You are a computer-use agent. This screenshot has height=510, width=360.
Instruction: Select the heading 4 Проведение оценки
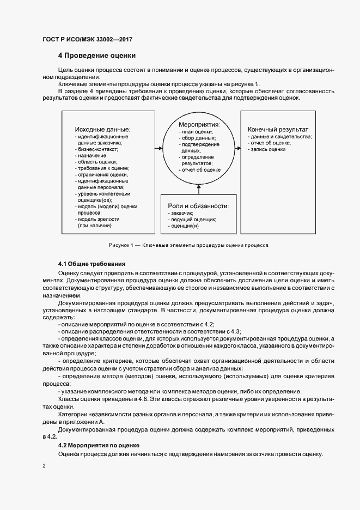[97, 56]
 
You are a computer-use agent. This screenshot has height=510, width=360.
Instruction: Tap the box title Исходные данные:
[102, 129]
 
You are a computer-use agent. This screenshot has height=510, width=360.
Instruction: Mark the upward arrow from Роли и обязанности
[199, 190]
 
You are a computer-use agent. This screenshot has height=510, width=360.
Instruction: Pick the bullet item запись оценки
[268, 149]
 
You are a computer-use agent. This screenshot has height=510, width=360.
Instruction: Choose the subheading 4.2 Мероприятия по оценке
[99, 445]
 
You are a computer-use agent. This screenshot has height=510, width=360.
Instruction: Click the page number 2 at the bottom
[44, 466]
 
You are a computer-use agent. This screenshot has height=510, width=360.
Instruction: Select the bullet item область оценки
[97, 162]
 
